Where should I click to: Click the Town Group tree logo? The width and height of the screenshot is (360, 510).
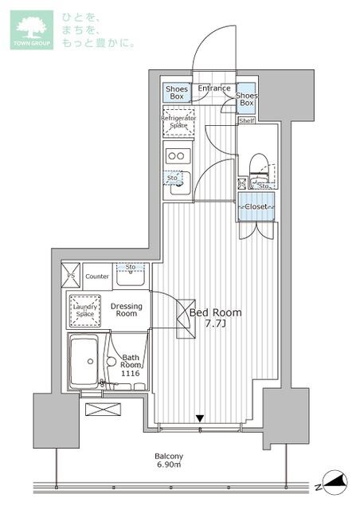(32, 29)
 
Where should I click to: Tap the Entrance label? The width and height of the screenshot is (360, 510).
(214, 88)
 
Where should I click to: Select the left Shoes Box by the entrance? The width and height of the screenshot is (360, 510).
(177, 93)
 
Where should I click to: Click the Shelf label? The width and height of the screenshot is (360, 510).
(248, 121)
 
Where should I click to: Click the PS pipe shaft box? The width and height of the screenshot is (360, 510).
(72, 276)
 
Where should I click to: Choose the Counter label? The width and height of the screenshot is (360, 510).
(97, 276)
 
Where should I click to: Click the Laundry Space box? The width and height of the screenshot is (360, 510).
(84, 309)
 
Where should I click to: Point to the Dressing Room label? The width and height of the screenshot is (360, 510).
(126, 310)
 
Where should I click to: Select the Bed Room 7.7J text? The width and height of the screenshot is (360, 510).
(214, 319)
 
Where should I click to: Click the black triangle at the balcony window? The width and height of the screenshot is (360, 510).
(201, 418)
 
